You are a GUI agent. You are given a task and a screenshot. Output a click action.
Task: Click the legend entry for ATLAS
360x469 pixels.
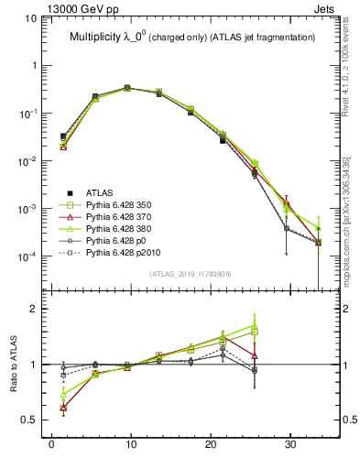point(100,192)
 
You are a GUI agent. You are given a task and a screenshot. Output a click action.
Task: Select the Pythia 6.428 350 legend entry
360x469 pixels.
point(123,204)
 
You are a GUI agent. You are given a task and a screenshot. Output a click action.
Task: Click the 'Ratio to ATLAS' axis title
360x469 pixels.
point(12,365)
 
